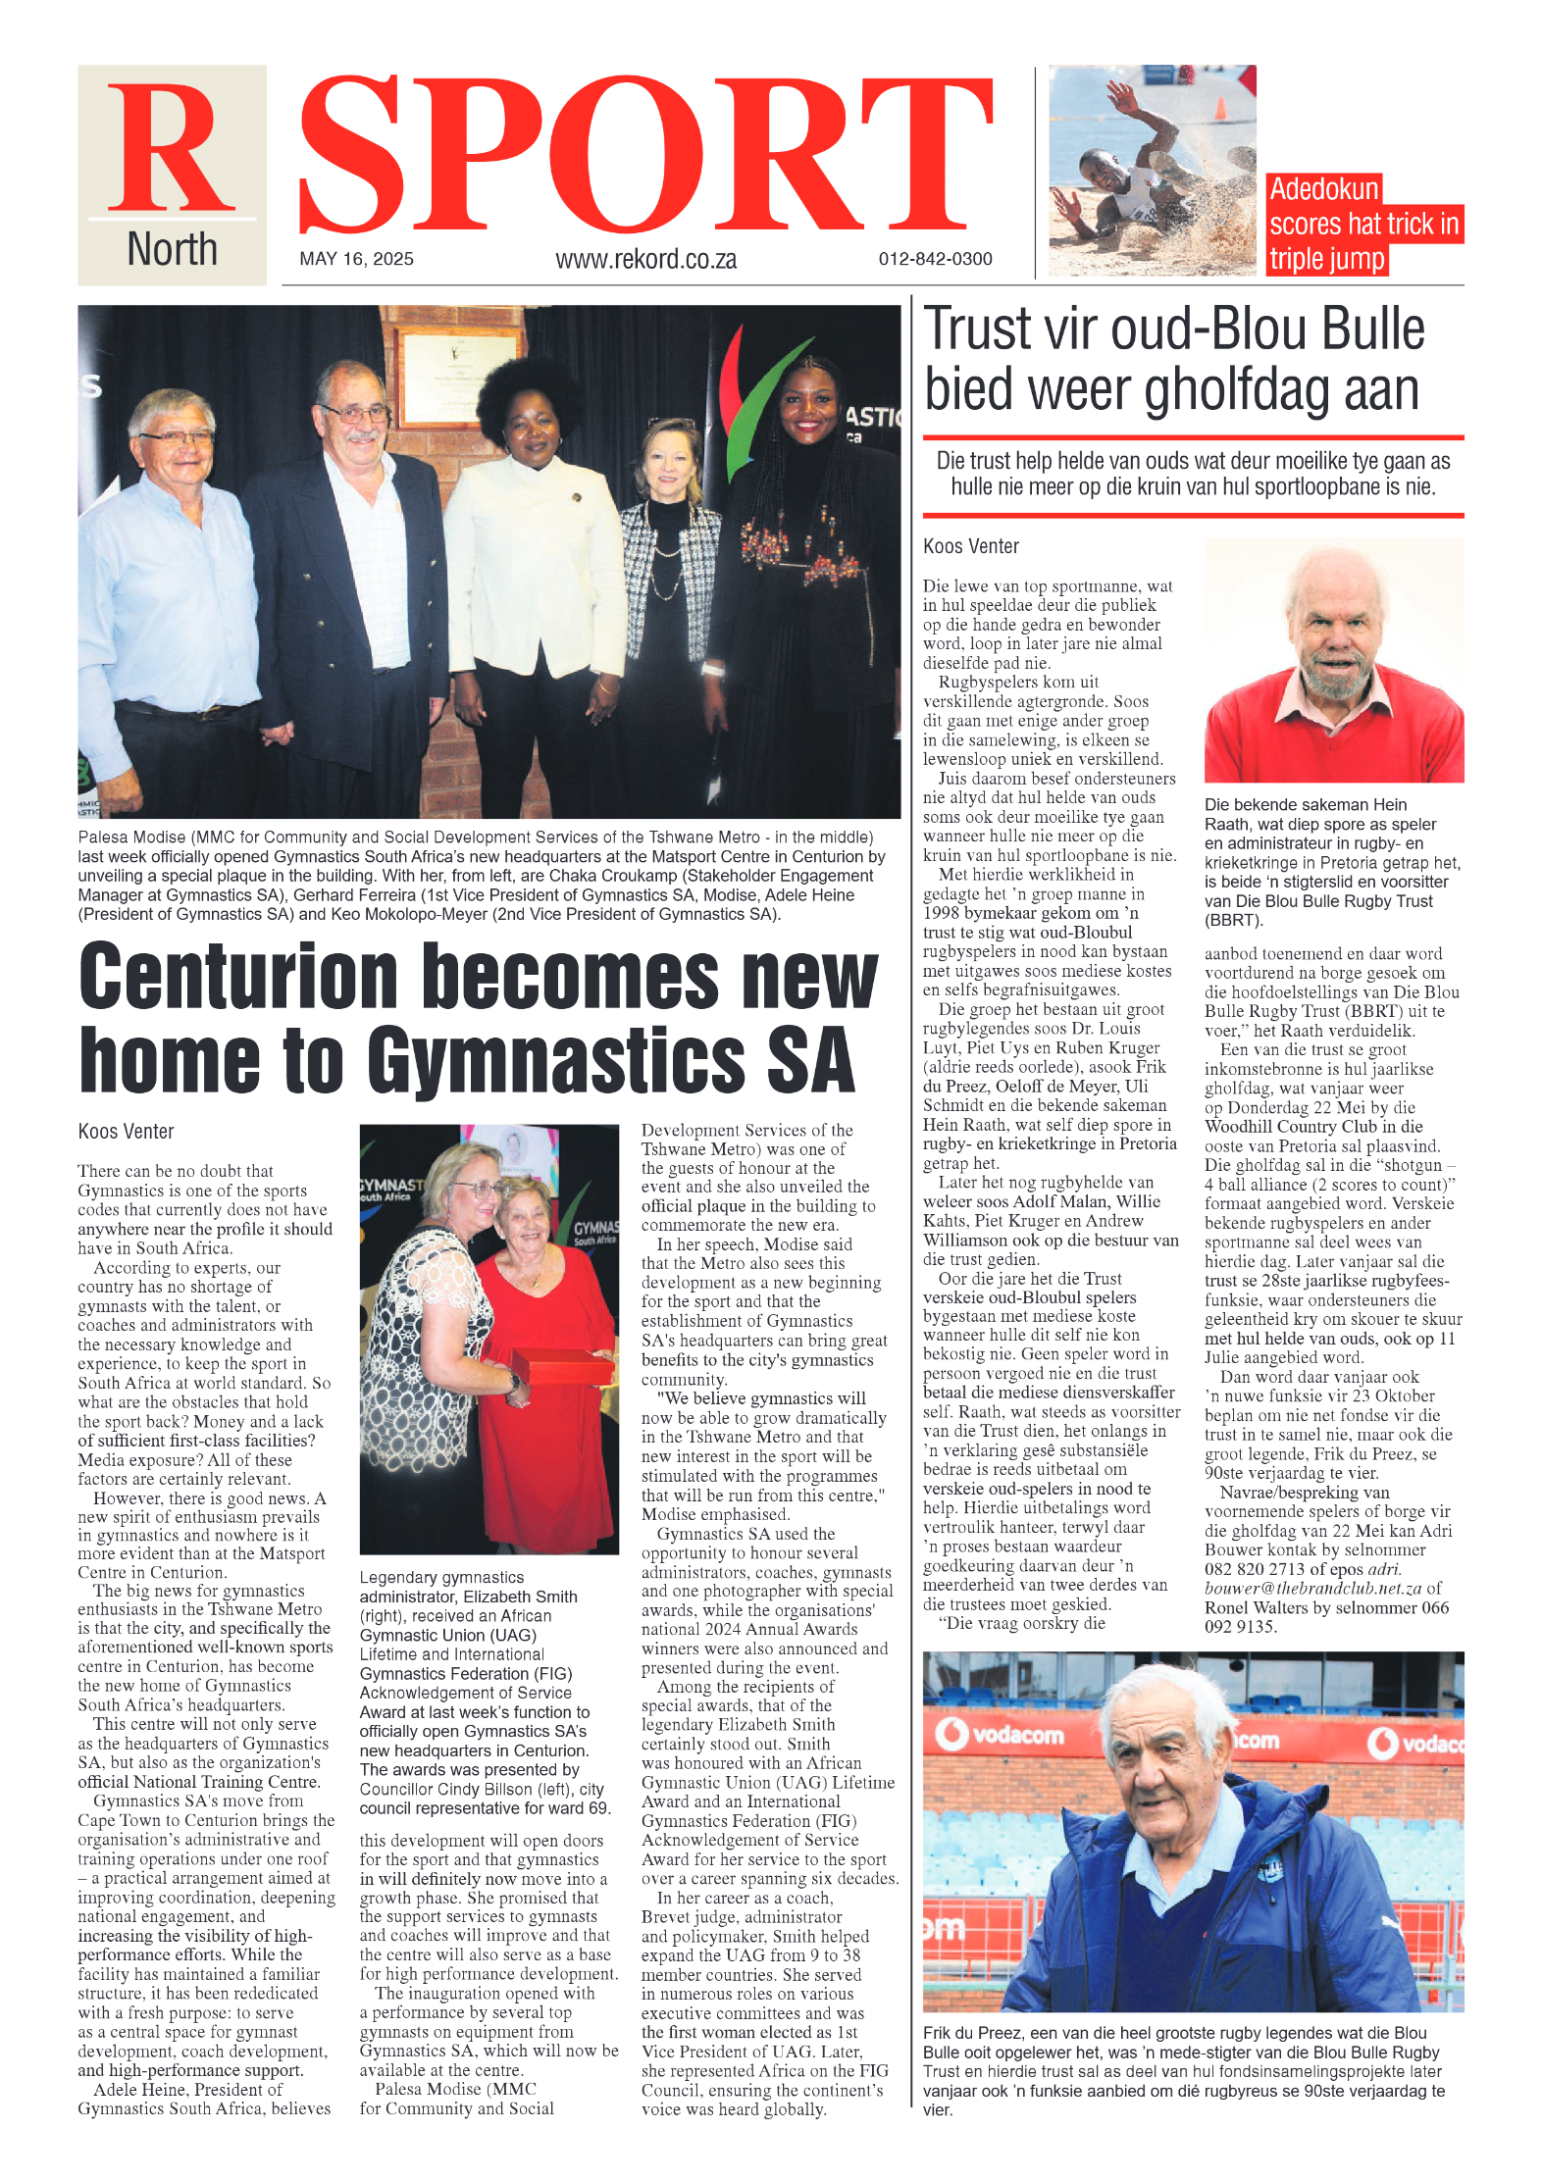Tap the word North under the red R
pos(172,249)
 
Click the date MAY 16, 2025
pos(356,259)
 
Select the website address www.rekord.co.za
pos(645,259)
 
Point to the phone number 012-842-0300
pos(935,259)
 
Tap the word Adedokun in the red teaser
pos(1323,189)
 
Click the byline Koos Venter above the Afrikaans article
pos(970,546)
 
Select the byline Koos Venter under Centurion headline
pos(126,1132)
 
